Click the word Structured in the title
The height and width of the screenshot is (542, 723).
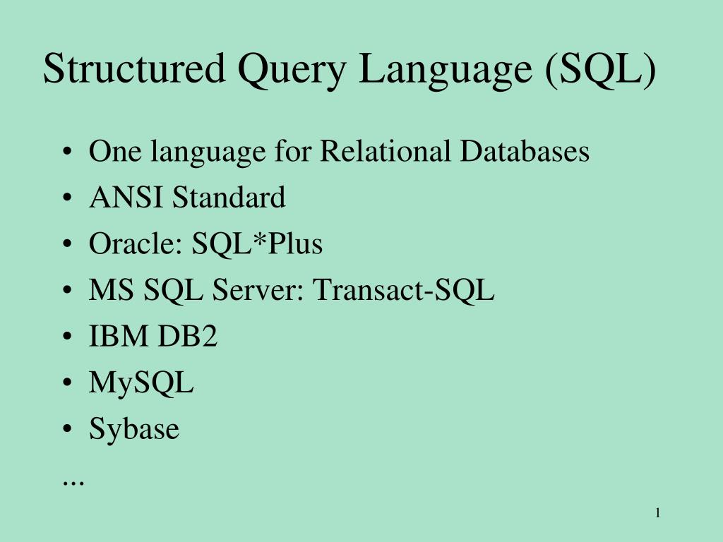pos(133,70)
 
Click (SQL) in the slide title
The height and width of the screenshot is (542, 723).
pos(599,71)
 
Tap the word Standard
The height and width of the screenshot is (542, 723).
pos(229,198)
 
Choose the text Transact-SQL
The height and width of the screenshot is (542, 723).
pos(403,290)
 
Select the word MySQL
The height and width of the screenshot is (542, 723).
pos(141,385)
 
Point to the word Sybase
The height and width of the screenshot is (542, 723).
pos(134,430)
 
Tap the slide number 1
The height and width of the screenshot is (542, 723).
pos(657,513)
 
